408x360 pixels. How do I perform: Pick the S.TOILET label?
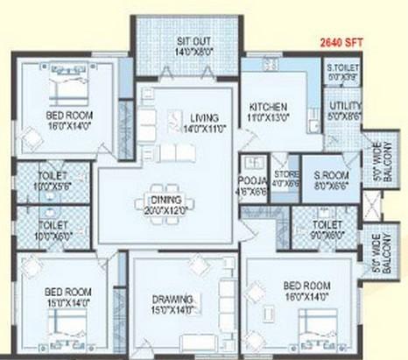click(x=340, y=67)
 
